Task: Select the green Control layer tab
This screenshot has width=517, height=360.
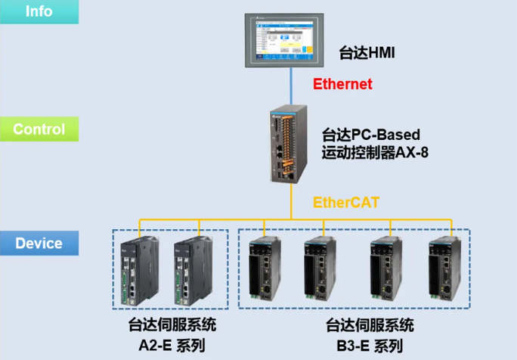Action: tap(39, 129)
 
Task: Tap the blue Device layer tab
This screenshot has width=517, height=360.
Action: tap(39, 244)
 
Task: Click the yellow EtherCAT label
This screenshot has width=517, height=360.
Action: tap(347, 202)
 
